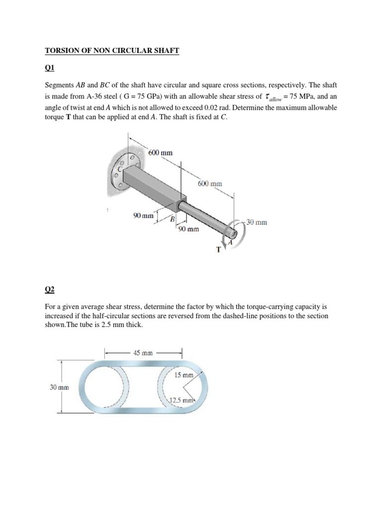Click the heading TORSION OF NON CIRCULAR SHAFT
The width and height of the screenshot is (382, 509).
point(112,51)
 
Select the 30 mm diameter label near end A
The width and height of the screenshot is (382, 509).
point(257,222)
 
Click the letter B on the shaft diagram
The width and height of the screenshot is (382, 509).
point(173,219)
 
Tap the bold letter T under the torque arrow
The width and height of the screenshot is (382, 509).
point(218,250)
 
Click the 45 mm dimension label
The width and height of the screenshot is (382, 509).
point(143,352)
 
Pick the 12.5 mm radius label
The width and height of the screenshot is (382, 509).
point(182,400)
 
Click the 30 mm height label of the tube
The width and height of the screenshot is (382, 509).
point(59,387)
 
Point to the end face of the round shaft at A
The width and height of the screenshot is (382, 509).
point(233,231)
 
